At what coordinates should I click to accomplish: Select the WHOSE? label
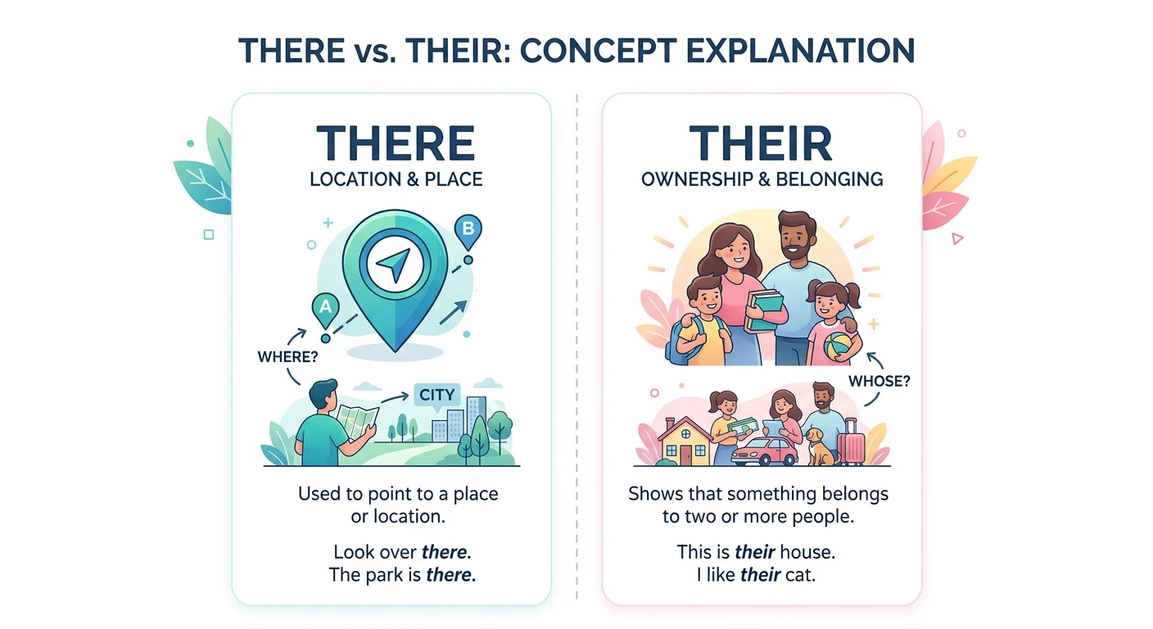pyautogui.click(x=879, y=380)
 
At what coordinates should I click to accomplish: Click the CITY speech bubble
pyautogui.click(x=436, y=395)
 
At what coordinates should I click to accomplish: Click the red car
pyautogui.click(x=764, y=451)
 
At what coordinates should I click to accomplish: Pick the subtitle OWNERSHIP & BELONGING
pyautogui.click(x=762, y=178)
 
